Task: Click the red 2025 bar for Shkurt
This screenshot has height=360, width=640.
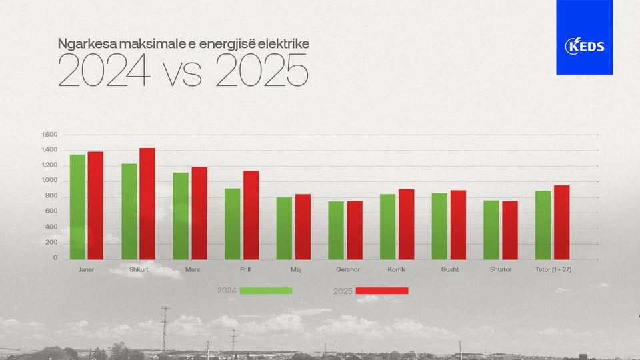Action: tap(147, 203)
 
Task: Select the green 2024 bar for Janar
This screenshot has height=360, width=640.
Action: tap(78, 207)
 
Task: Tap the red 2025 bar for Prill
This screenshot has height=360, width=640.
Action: tap(251, 215)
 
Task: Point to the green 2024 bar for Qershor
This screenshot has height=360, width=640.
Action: tap(336, 230)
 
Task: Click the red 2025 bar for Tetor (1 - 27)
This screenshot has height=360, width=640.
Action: tap(561, 222)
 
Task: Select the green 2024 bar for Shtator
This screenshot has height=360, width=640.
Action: tap(491, 229)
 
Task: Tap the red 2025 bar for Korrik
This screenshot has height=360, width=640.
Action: tap(406, 224)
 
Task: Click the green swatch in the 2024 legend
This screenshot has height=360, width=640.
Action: tap(265, 291)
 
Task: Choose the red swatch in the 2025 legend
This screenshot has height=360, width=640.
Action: tap(381, 291)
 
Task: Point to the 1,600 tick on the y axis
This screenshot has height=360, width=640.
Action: tap(49, 135)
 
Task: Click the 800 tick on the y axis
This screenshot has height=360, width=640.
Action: tap(51, 196)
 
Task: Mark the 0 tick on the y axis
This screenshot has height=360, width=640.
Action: tap(56, 258)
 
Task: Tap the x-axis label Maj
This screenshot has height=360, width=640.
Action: tap(296, 269)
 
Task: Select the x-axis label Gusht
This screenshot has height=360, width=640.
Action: tap(450, 269)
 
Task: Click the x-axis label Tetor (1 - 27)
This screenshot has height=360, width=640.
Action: tap(553, 269)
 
